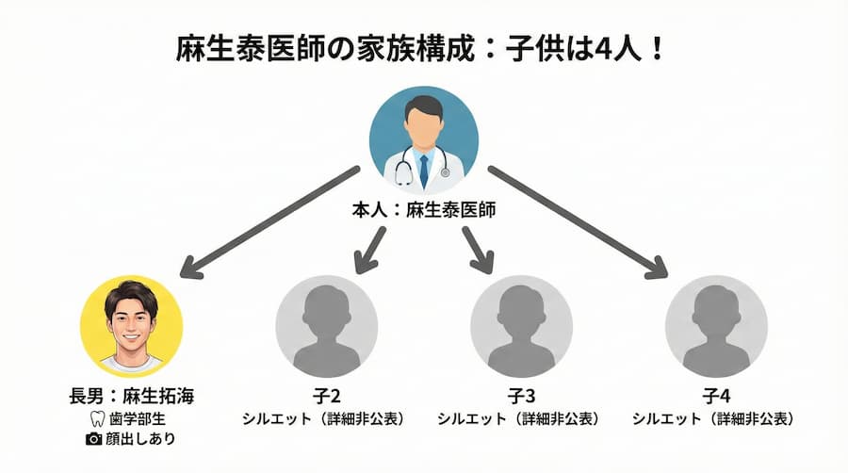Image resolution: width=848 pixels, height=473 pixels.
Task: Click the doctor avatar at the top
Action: [x=423, y=140]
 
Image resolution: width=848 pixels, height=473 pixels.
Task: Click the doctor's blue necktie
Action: [x=424, y=170]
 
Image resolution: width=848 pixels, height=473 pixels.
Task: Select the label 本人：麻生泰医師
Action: [x=423, y=211]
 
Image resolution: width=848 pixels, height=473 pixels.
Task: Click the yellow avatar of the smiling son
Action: [x=132, y=326]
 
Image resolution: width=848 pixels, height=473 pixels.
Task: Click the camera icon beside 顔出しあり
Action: [x=93, y=439]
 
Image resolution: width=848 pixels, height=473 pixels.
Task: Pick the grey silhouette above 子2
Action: [x=326, y=326]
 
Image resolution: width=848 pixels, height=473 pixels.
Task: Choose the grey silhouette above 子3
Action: [x=521, y=326]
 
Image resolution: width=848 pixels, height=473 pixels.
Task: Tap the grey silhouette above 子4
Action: [x=716, y=326]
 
